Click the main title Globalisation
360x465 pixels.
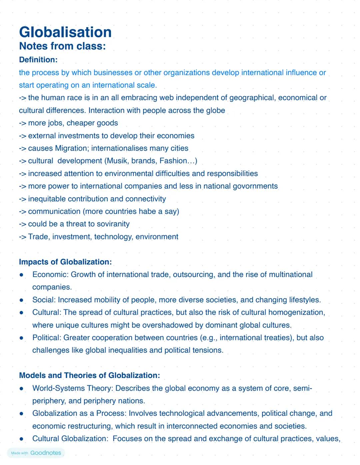(x=65, y=32)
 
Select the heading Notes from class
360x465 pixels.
(x=62, y=46)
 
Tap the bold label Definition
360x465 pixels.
(x=38, y=60)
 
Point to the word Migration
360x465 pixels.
(x=71, y=148)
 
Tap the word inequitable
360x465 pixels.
(x=47, y=199)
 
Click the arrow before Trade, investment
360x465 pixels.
(x=22, y=237)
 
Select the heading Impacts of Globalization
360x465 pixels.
(x=65, y=262)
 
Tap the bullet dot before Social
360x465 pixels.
(x=21, y=300)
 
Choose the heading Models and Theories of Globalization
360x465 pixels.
(x=89, y=375)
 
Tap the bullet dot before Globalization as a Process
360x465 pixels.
(x=21, y=414)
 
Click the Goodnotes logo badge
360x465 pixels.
(x=36, y=453)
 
